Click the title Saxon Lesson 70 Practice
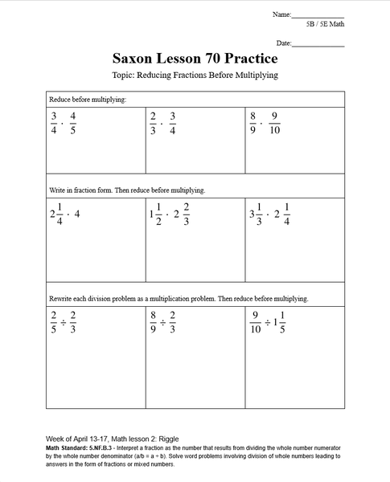(195, 59)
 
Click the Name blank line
(318, 16)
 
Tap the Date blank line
(318, 45)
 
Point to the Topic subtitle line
(195, 76)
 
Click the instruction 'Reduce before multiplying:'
(88, 100)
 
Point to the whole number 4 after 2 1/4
(77, 214)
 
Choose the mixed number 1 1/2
(155, 214)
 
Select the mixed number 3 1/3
(257, 214)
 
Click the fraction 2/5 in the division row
(54, 321)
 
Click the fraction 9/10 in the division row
(256, 321)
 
